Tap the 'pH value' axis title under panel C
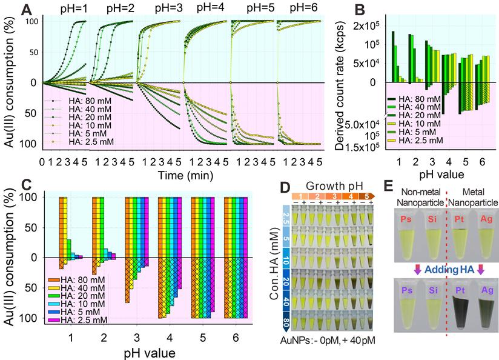151,352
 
